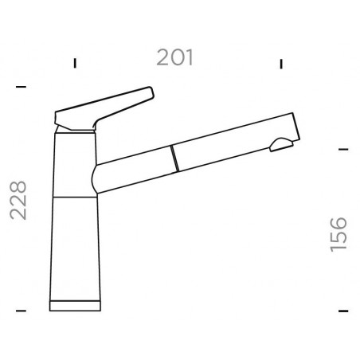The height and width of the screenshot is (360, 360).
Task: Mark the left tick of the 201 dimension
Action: (x=75, y=63)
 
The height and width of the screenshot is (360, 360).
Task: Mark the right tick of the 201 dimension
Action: (x=281, y=63)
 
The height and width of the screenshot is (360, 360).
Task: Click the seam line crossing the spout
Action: (x=172, y=158)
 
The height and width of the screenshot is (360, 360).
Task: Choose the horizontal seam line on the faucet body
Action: (x=76, y=194)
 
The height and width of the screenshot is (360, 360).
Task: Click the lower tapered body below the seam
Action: (x=76, y=247)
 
